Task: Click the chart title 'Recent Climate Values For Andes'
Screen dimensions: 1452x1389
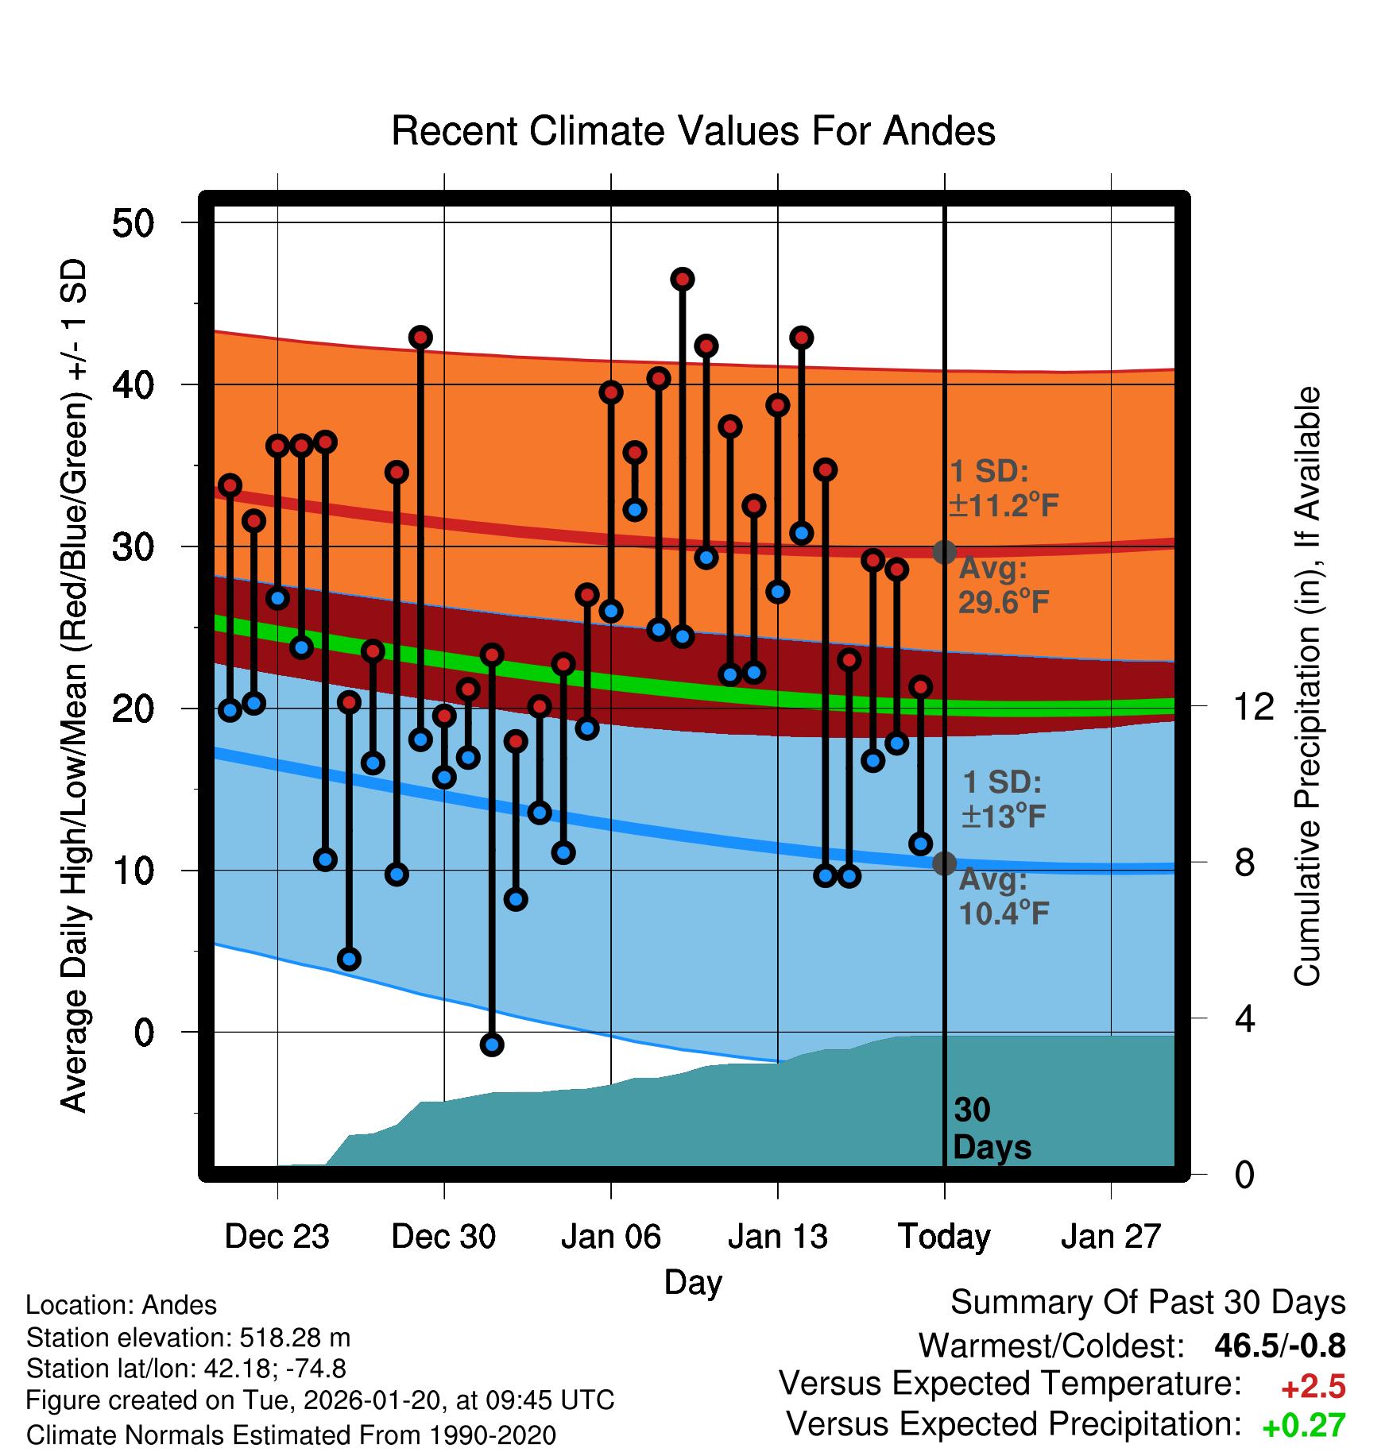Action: (693, 132)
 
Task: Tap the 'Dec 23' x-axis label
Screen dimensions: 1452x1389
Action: (277, 1236)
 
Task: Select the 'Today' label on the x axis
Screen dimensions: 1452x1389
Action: (944, 1236)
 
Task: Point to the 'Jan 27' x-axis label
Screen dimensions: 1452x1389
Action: (1111, 1236)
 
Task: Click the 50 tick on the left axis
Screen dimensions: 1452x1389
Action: (133, 223)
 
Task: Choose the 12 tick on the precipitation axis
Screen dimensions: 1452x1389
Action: (1254, 706)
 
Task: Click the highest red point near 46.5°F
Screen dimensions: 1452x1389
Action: (683, 280)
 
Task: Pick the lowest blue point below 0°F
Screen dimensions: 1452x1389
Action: (492, 1045)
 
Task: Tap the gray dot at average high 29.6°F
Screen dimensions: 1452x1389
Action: (944, 552)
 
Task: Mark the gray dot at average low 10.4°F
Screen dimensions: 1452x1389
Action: (944, 863)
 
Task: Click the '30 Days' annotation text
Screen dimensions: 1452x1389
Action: (991, 1129)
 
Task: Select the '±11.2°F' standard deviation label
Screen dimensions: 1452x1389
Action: (1004, 505)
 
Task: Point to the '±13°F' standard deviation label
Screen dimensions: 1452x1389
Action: (1004, 817)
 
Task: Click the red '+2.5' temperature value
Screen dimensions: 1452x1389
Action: (1313, 1387)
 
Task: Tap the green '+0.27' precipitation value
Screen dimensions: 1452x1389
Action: (1304, 1426)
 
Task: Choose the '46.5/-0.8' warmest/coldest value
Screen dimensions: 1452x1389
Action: (1279, 1346)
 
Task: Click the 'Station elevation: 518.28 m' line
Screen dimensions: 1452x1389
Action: (188, 1338)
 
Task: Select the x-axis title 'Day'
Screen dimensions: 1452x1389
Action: (693, 1282)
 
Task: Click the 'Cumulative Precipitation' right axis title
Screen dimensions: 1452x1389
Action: (1307, 686)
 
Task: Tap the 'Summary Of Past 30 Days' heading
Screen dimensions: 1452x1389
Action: (1147, 1303)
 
